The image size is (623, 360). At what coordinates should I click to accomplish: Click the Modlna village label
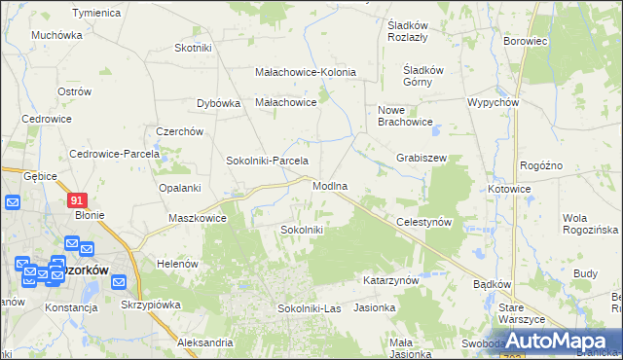[330, 185]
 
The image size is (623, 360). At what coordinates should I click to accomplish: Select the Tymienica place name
[96, 13]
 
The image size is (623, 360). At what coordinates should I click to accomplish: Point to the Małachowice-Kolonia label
[305, 72]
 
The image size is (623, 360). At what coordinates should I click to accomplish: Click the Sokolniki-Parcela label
[267, 161]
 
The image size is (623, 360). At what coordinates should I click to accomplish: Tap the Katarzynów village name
[390, 279]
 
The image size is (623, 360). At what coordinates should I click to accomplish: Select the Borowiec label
[525, 42]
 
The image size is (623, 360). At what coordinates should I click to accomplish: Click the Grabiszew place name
[421, 157]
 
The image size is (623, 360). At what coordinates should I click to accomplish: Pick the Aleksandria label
[205, 342]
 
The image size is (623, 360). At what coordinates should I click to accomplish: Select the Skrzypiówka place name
[152, 304]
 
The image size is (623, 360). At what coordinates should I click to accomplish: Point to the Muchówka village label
[56, 35]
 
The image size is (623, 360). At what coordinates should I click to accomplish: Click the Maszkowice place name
[198, 218]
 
